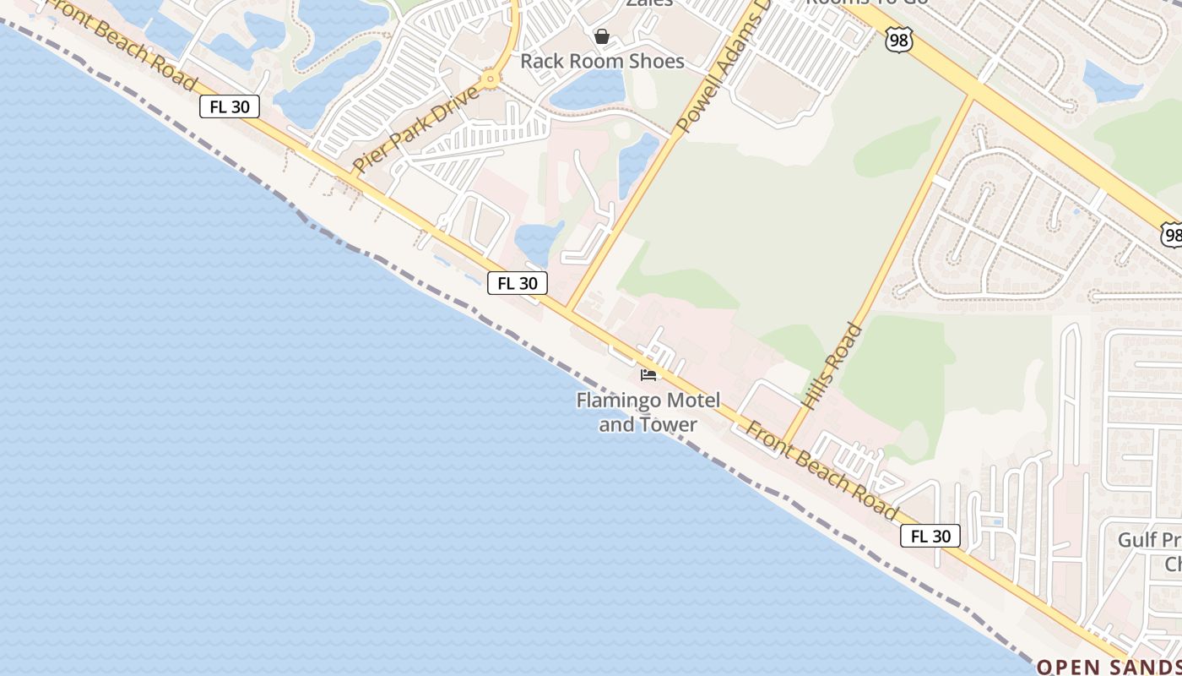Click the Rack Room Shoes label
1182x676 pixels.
[602, 61]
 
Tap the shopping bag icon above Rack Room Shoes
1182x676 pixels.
[602, 36]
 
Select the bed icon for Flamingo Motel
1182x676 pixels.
[648, 374]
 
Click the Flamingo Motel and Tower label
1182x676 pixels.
[648, 412]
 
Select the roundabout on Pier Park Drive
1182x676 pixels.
[490, 80]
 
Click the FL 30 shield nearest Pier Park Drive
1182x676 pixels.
[230, 106]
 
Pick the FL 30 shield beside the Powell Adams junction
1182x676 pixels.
[518, 283]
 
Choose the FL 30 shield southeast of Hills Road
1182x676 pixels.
[930, 536]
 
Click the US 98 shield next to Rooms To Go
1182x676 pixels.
[899, 40]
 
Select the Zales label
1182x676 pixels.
[649, 3]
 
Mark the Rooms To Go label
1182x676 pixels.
[866, 3]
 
